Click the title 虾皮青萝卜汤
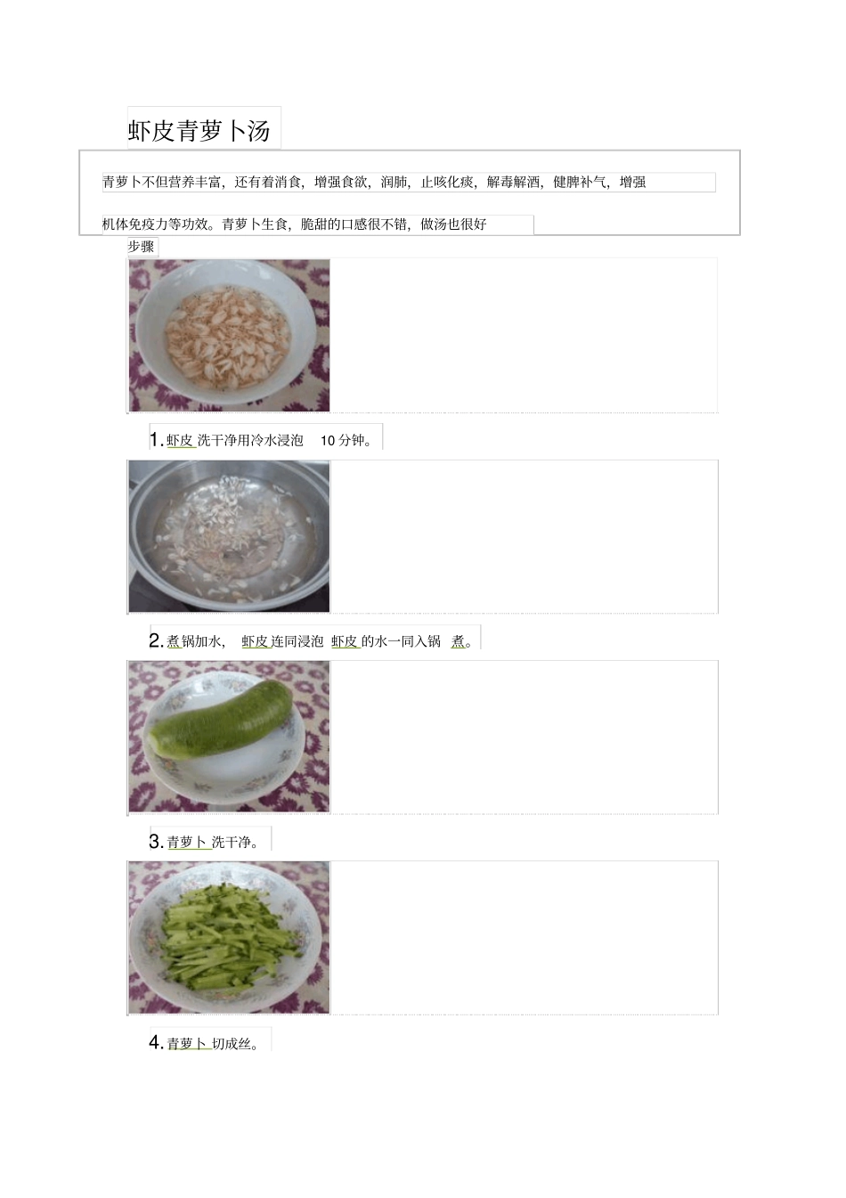(x=199, y=131)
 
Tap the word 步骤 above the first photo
(x=141, y=247)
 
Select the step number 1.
(x=156, y=439)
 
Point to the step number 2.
(x=156, y=640)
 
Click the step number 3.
(x=156, y=842)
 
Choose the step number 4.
(x=156, y=1043)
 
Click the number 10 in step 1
(x=328, y=440)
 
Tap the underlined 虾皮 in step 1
(x=180, y=440)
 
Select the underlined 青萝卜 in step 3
(x=187, y=843)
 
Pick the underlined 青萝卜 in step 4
(x=187, y=1044)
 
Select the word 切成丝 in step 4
(x=232, y=1044)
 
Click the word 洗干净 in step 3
(x=232, y=843)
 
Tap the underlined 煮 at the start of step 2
(x=174, y=641)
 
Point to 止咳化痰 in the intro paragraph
(x=447, y=183)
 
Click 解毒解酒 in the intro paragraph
(x=513, y=183)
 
